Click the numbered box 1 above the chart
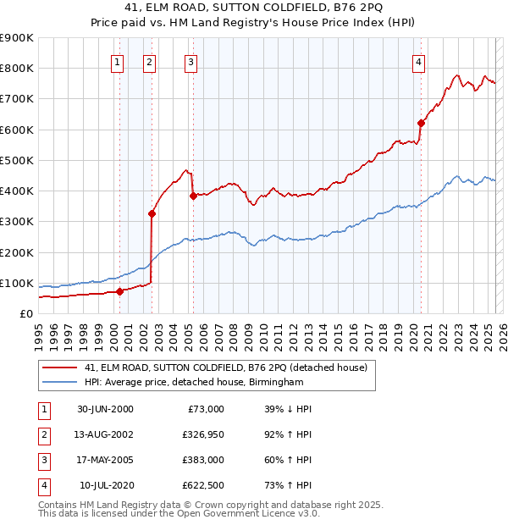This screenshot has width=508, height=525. click(x=117, y=61)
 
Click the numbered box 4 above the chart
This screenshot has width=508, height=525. click(x=419, y=61)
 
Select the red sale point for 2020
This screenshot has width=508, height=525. click(x=421, y=123)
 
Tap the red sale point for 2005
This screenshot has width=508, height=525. click(x=193, y=196)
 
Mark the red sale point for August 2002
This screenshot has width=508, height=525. click(x=152, y=213)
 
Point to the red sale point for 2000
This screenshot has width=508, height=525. click(x=120, y=291)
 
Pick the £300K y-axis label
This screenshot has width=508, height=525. click(x=17, y=222)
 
